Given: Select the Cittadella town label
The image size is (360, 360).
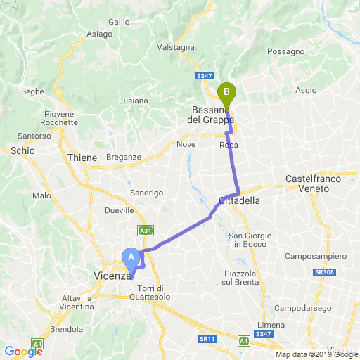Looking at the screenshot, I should [240, 200].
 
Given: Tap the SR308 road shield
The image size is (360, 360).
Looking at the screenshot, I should [323, 271].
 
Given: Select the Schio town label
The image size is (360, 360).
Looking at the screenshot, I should [22, 150].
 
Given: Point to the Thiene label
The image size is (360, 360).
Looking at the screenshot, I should [82, 158].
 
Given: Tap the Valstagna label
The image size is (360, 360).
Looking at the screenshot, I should [175, 47].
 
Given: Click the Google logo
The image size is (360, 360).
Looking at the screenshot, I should [23, 352].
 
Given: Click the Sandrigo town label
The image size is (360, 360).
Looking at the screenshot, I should [147, 193].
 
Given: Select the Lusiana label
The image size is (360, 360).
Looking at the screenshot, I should [134, 101].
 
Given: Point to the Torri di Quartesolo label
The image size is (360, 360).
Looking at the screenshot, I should [150, 292].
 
